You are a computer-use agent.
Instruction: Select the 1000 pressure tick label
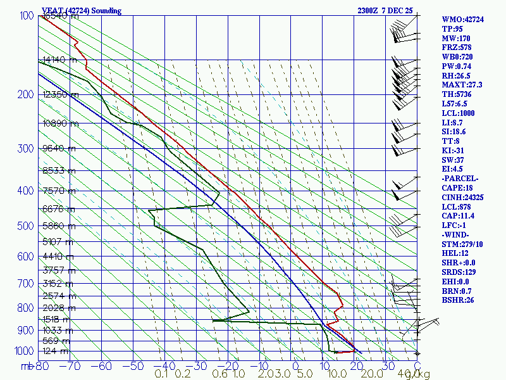click(22, 351)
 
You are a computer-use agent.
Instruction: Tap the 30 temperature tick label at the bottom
click(385, 366)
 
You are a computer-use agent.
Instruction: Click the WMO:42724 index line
click(462, 20)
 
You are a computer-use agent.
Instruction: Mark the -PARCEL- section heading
click(460, 178)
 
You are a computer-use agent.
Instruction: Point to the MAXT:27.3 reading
click(462, 85)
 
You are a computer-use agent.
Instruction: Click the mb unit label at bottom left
click(27, 366)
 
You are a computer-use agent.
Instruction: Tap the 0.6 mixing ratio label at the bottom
click(220, 374)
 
